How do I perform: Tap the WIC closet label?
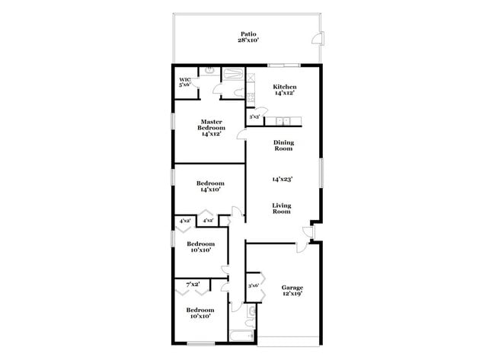pyautogui.click(x=184, y=81)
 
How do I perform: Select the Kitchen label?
pyautogui.click(x=285, y=90)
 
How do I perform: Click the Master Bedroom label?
pyautogui.click(x=211, y=127)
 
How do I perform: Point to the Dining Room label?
pyautogui.click(x=283, y=145)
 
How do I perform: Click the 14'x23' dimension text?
pyautogui.click(x=283, y=180)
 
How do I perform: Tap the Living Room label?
pyautogui.click(x=283, y=208)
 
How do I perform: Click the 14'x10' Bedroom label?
pyautogui.click(x=210, y=187)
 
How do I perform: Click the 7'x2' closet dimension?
pyautogui.click(x=192, y=284)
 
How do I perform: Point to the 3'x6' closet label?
pyautogui.click(x=254, y=285)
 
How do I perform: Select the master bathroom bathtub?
pyautogui.click(x=231, y=74)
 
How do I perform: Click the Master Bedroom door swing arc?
pyautogui.click(x=241, y=134)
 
